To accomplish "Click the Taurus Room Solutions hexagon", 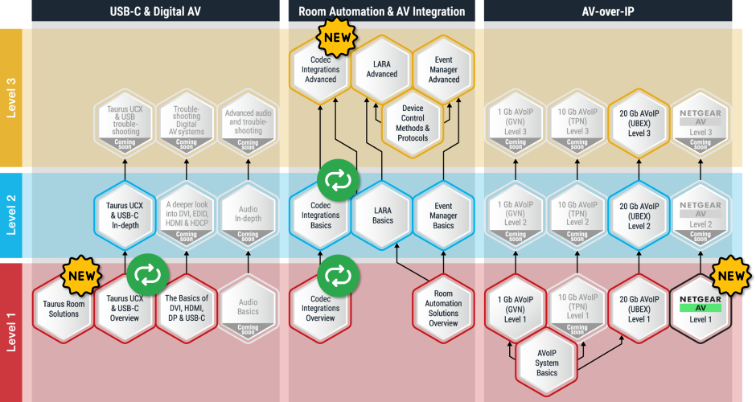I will point(64,309).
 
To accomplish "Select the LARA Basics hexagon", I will point(382,216).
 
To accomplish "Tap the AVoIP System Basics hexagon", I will point(547,362).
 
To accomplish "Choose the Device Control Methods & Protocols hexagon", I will point(413,123).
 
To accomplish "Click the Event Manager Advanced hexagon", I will point(443,69).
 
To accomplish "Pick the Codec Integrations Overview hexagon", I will point(320,309).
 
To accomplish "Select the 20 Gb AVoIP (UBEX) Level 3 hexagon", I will point(639,122).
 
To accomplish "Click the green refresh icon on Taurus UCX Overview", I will point(147,275).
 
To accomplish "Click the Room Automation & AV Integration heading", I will point(381,11).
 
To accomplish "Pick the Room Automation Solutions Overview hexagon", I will point(443,309).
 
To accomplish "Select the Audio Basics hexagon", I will point(248,309).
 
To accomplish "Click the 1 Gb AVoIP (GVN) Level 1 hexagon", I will point(516,309).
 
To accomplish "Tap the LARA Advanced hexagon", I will point(382,69).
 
